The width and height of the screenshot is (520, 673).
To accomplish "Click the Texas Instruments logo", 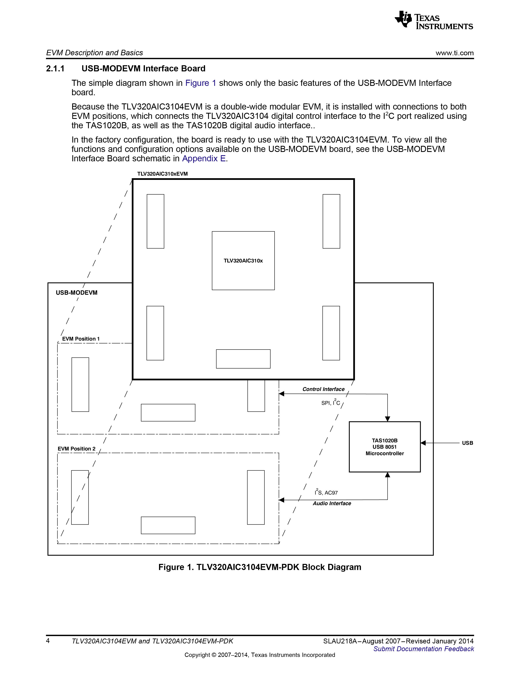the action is click(x=434, y=20).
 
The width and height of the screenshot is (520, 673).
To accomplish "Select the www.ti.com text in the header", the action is click(x=454, y=53).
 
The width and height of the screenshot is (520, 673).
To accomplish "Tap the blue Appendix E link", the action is click(x=204, y=158).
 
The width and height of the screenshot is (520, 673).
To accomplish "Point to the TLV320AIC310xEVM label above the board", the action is click(x=162, y=174).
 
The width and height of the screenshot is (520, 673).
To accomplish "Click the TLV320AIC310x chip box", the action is click(x=243, y=260).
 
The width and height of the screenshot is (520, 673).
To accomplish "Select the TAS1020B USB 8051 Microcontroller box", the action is click(x=384, y=447).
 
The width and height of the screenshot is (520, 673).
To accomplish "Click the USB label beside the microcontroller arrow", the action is click(x=467, y=443).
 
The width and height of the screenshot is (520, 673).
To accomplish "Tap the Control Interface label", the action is click(x=323, y=389).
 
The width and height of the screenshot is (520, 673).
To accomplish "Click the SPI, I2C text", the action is click(x=331, y=402).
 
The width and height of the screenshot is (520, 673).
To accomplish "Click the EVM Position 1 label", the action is click(x=81, y=339).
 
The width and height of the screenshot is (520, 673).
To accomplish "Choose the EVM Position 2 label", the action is click(x=76, y=449).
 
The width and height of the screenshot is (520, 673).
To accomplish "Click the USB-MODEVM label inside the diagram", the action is click(x=76, y=293).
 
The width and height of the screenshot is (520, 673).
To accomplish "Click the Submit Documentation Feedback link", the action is click(x=424, y=649).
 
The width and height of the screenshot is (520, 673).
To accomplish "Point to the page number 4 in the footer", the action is click(x=48, y=641).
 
